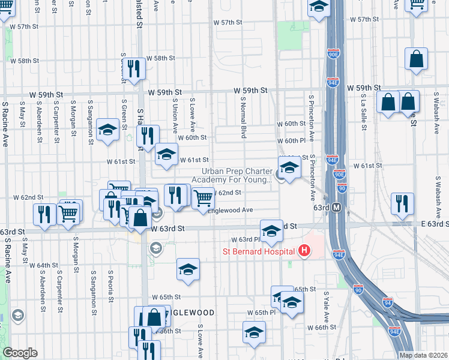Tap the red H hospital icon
pos(304,250)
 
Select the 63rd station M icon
pos(337,208)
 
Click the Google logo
pos(20,353)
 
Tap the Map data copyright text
pos(424,355)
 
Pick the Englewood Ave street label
pos(231,210)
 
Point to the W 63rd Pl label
pos(235,239)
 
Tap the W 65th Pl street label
pos(261,313)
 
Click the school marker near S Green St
pos(108,130)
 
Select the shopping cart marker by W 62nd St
pos(203,197)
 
